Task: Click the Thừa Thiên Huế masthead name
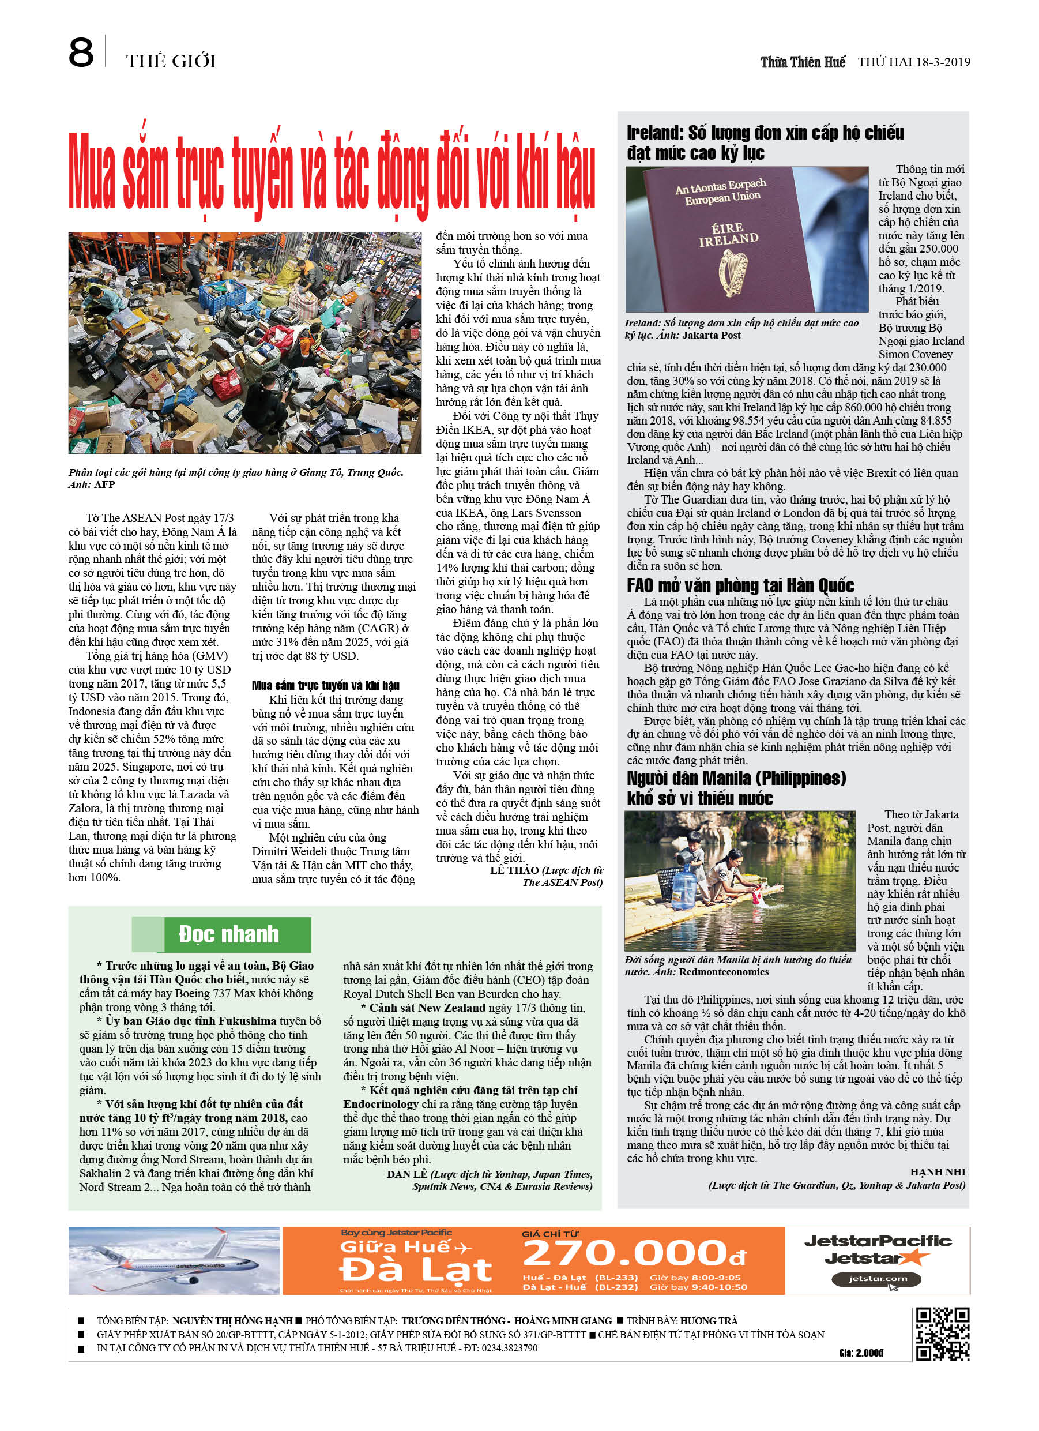tap(803, 62)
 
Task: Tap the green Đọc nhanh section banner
tap(228, 934)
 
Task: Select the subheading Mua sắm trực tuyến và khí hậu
tap(326, 685)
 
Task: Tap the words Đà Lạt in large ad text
tap(415, 1270)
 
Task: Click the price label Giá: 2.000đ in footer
tap(861, 1352)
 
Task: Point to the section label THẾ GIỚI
tap(171, 61)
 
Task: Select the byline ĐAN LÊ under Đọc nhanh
tap(407, 1174)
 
